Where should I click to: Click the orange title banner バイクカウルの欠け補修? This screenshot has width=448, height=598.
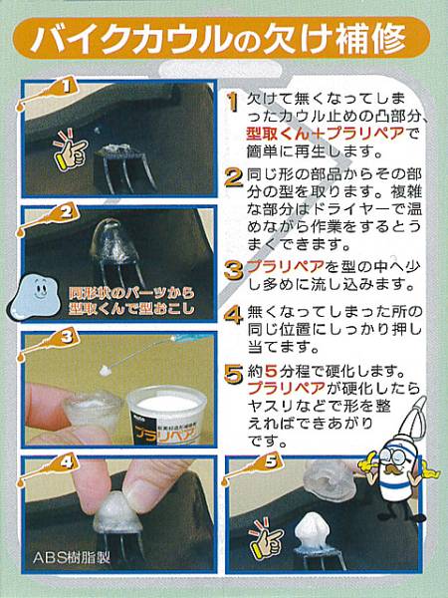coord(221,39)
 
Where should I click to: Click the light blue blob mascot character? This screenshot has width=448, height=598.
coord(34,296)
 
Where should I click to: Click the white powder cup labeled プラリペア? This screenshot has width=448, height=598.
coord(166,416)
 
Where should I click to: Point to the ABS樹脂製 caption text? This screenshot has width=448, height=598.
coord(72,557)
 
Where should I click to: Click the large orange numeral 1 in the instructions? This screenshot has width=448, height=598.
coord(232,103)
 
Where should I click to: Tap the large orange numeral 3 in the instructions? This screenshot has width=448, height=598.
coord(233,270)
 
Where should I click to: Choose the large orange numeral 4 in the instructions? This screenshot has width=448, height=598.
coord(233,316)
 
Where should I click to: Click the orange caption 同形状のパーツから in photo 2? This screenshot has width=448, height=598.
coord(131,294)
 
